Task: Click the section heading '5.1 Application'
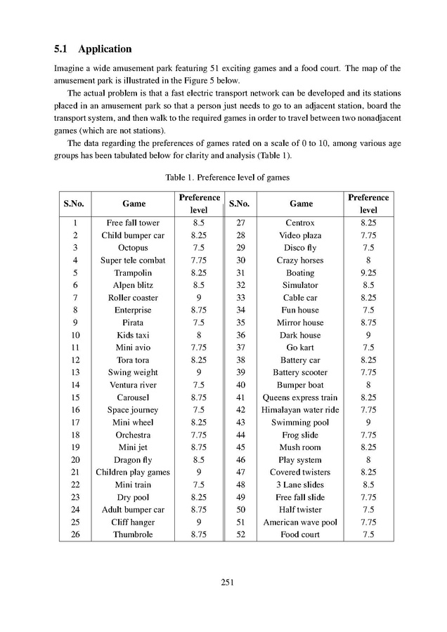93,49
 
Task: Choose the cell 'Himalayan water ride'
300,410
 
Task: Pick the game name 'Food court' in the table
300,534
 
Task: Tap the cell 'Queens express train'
300,397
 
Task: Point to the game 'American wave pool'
300,522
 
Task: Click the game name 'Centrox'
300,223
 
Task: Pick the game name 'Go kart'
300,348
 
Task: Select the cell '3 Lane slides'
300,485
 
